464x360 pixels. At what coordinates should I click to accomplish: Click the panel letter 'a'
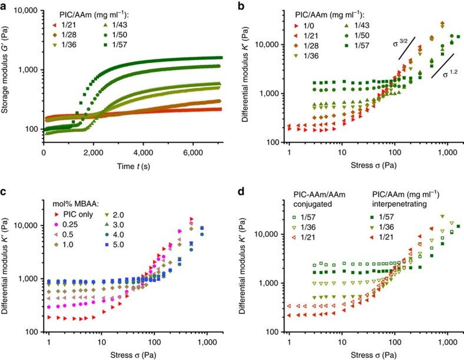click(x=4, y=5)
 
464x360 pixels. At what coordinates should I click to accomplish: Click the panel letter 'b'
click(x=243, y=5)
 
